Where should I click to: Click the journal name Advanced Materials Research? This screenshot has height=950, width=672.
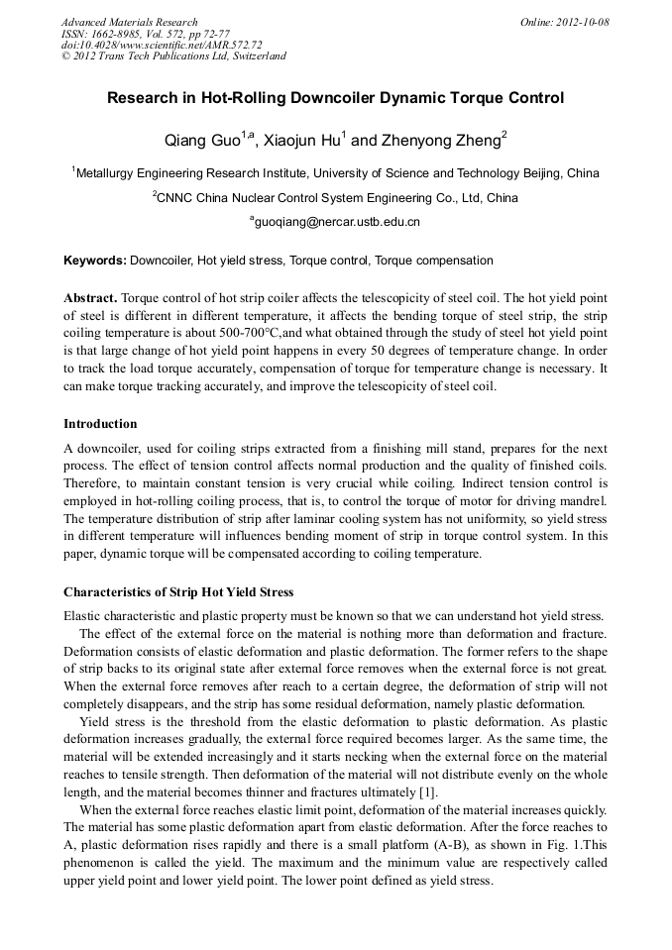click(x=129, y=22)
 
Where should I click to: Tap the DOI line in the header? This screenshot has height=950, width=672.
click(x=162, y=45)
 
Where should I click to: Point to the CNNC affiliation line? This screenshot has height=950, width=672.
click(x=335, y=198)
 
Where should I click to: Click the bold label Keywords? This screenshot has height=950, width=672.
click(x=95, y=261)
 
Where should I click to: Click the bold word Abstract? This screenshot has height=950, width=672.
click(x=90, y=298)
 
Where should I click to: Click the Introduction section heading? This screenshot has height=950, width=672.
click(x=100, y=424)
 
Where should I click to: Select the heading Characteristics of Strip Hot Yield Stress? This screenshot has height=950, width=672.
click(x=178, y=592)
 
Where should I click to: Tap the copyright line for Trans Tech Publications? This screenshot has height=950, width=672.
click(x=173, y=56)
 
